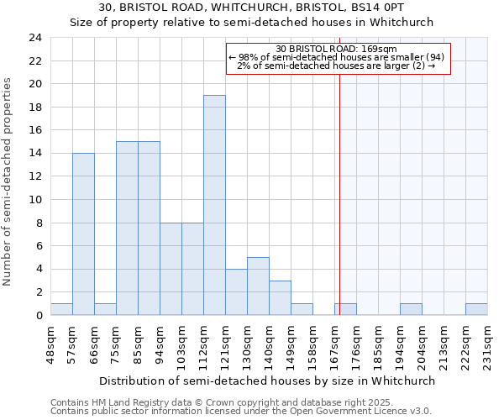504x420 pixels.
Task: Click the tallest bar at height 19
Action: tap(214, 205)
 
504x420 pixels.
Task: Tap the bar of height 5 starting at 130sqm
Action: tap(258, 286)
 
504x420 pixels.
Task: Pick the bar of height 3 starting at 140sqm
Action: tap(280, 298)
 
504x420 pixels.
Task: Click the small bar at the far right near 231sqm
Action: tap(476, 309)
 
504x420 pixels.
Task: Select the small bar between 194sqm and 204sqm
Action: tap(411, 309)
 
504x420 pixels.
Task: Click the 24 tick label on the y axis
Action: tap(34, 38)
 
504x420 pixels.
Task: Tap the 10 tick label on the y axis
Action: tap(34, 200)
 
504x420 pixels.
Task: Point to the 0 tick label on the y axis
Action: tap(38, 316)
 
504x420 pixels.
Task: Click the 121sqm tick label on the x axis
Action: tap(225, 345)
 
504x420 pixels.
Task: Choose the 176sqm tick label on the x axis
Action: tap(356, 345)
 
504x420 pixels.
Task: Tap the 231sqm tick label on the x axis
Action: tap(487, 345)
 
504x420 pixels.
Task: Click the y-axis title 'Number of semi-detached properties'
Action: tap(8, 181)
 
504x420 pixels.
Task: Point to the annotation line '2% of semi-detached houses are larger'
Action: tap(336, 66)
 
